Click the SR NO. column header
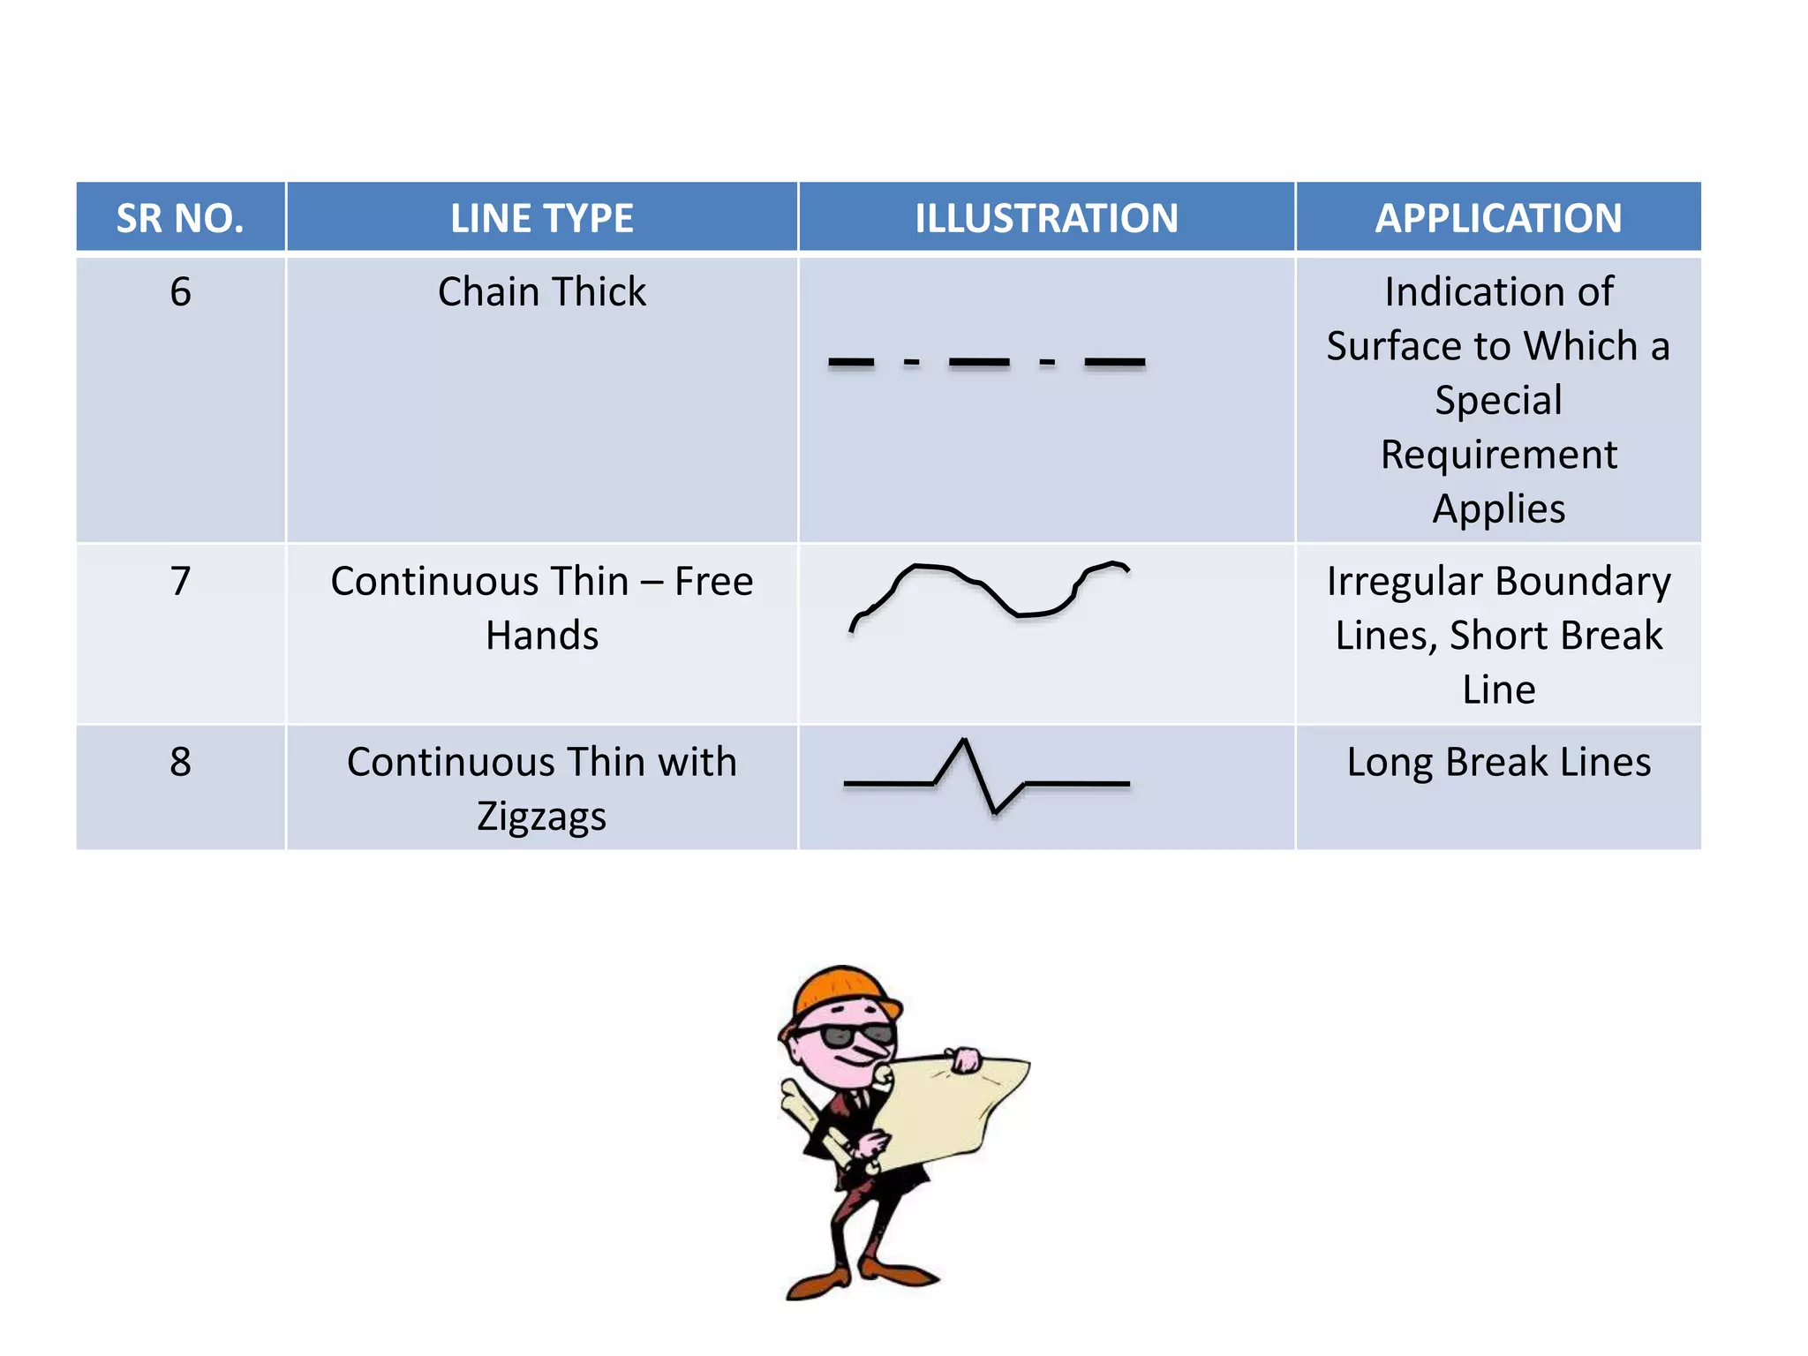[180, 218]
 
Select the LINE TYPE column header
[541, 218]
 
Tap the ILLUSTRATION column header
[1046, 218]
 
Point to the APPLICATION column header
[1498, 218]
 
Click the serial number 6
[180, 291]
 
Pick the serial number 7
[180, 581]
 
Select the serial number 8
[180, 761]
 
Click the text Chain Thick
[541, 291]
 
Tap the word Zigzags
[541, 816]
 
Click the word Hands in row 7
[541, 636]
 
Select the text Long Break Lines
[1498, 761]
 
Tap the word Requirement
[1498, 455]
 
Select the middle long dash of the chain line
[979, 362]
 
